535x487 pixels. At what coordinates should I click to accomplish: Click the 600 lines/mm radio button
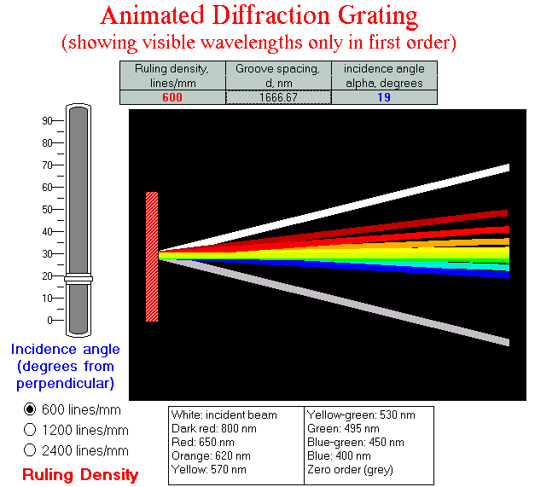(31, 409)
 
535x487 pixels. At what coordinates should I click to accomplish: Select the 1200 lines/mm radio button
(31, 430)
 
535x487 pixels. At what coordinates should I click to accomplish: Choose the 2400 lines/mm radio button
(31, 450)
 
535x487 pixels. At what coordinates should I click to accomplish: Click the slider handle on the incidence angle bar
(79, 278)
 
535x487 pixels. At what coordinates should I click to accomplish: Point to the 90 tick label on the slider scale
(48, 121)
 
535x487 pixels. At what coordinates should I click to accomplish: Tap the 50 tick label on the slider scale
(48, 209)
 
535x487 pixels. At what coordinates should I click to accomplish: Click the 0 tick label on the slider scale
(50, 320)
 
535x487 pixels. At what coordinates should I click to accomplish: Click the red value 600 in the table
(172, 97)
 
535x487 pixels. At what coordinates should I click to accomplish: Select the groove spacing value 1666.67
(278, 97)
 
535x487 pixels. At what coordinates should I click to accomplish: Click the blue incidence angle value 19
(384, 97)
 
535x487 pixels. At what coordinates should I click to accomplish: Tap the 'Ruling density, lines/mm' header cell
(172, 74)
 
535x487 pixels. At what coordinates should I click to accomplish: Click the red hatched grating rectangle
(152, 256)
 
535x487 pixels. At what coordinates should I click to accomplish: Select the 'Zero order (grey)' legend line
(347, 469)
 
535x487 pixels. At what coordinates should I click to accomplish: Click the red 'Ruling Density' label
(80, 475)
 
